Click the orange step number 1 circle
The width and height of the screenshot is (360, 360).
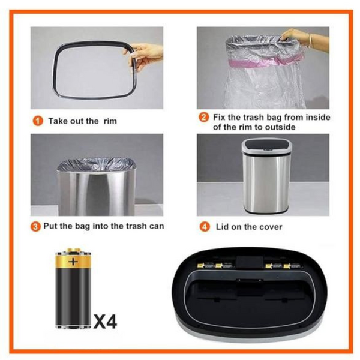pyautogui.click(x=37, y=121)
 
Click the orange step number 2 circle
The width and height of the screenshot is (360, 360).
pyautogui.click(x=204, y=116)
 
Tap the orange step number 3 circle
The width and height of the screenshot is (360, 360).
pyautogui.click(x=37, y=226)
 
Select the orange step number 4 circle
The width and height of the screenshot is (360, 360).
pyautogui.click(x=204, y=227)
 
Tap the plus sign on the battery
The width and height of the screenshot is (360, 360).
pyautogui.click(x=73, y=262)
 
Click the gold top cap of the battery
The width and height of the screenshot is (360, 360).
pyautogui.click(x=74, y=251)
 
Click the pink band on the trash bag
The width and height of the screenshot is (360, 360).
pyautogui.click(x=258, y=61)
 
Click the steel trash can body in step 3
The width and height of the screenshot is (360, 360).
pyautogui.click(x=96, y=192)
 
